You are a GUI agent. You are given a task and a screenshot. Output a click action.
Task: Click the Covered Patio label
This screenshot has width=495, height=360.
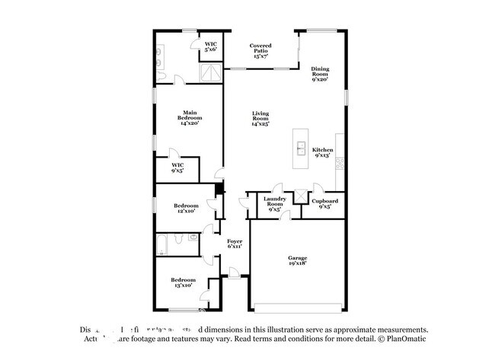260,50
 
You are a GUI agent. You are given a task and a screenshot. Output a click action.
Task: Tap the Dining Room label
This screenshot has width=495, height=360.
320,74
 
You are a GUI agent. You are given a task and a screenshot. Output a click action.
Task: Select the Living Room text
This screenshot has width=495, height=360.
260,119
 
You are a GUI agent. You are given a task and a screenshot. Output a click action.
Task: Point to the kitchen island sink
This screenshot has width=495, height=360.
302,147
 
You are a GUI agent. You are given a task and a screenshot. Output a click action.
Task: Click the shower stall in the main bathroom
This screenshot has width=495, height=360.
210,73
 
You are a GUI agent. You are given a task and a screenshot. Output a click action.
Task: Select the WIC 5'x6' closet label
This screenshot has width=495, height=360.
210,47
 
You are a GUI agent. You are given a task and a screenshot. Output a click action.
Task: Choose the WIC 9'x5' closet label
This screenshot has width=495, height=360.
177,167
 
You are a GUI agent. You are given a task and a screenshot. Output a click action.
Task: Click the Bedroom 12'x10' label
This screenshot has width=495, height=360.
185,208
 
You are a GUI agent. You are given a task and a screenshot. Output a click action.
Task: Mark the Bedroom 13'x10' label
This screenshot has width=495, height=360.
184,282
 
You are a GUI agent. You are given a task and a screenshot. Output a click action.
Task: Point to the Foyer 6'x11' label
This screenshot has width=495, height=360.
235,244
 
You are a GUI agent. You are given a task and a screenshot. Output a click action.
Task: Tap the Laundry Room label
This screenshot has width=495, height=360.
274,202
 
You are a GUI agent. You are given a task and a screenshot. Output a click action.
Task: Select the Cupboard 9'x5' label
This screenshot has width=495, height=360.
324,202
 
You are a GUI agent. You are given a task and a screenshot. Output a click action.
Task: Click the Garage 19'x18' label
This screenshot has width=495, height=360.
297,261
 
